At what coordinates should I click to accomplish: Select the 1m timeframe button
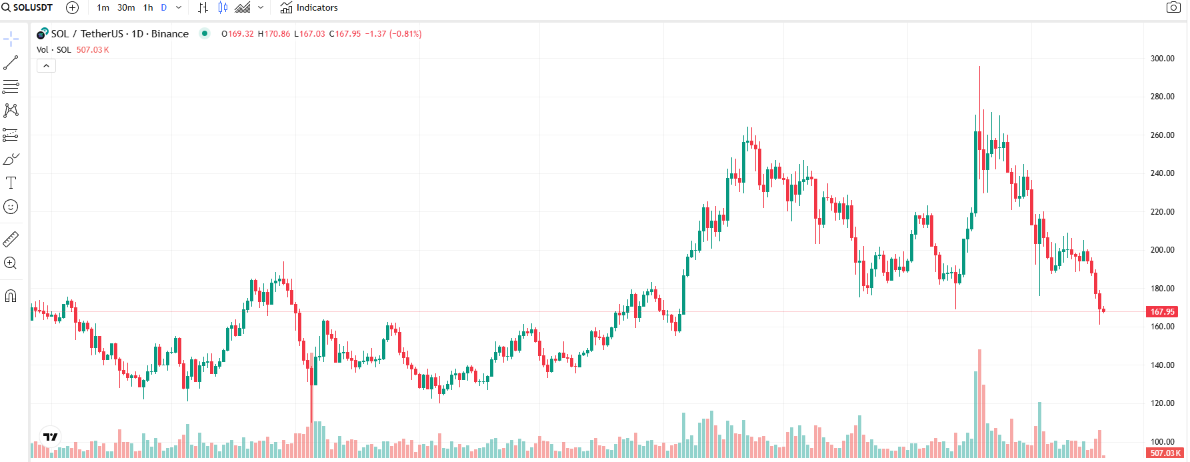103,8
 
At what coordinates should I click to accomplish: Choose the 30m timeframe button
126,8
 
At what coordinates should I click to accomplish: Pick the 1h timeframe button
148,8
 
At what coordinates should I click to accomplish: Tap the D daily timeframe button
164,8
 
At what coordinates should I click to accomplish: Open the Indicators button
309,8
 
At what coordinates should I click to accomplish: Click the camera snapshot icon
1173,7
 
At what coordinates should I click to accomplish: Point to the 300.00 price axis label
1162,59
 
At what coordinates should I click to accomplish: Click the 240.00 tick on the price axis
1162,173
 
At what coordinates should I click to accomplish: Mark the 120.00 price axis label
1162,403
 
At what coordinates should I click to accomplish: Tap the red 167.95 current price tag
1162,312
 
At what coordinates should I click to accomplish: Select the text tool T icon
11,183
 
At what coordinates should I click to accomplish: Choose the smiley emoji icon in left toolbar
11,207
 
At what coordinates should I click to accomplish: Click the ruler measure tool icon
11,239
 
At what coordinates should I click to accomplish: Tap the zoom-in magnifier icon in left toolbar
11,263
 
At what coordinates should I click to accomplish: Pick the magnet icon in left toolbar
11,296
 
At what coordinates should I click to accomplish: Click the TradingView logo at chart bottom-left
51,437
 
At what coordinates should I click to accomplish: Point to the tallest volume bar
979,403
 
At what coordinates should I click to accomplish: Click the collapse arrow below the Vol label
46,66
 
